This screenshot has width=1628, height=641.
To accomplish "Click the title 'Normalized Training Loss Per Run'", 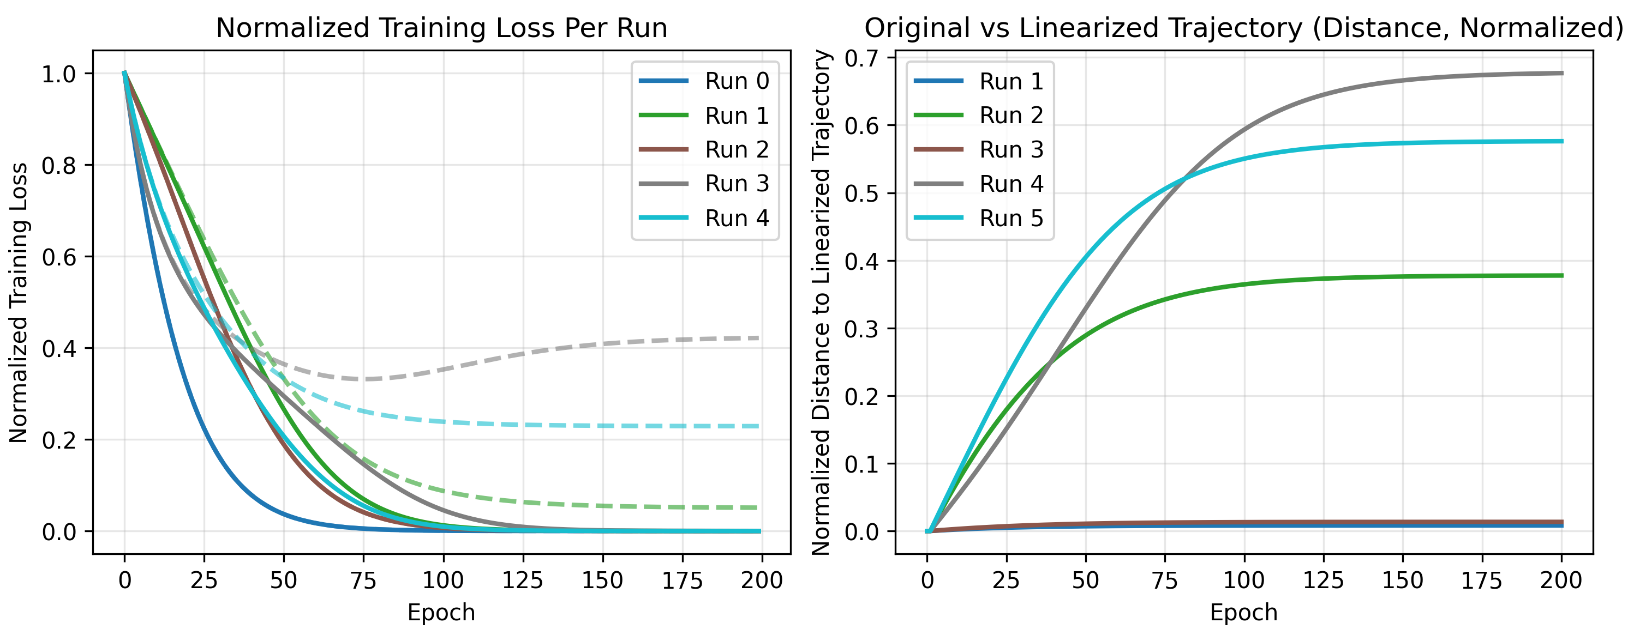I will click(441, 28).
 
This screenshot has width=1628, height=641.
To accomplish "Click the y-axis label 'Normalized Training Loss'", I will click(19, 303).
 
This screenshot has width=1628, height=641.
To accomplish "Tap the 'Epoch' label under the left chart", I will click(441, 613).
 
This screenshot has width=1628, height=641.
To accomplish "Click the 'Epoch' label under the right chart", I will click(1243, 613).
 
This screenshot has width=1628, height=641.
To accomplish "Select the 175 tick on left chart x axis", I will click(682, 580).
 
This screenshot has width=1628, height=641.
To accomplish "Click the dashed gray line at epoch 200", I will click(758, 338).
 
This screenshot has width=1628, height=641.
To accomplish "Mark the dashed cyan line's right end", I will click(758, 426).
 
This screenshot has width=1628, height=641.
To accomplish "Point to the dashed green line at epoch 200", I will click(758, 507).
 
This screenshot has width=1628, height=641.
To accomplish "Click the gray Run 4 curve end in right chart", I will click(1561, 73).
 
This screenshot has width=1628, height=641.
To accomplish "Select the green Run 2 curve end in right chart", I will click(1561, 275).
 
